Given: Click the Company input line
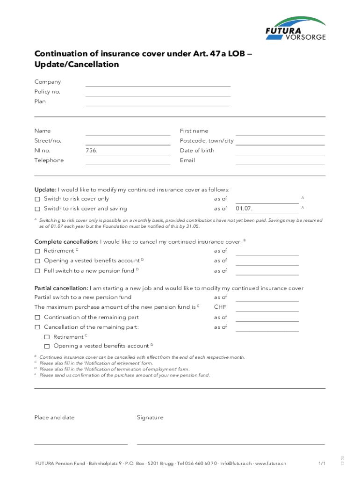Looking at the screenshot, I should click(x=158, y=83).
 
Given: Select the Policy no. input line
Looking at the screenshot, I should click(x=158, y=93).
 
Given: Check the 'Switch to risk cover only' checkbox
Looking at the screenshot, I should click(x=37, y=199).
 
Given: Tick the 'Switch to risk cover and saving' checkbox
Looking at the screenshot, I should click(x=37, y=209).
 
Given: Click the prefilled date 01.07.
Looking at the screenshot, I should click(x=245, y=209).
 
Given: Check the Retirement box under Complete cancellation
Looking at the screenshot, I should click(x=37, y=251).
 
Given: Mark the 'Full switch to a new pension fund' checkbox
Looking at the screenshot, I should click(x=37, y=271).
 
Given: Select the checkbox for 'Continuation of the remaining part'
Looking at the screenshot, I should click(x=37, y=318).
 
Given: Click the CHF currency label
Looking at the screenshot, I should click(x=220, y=307).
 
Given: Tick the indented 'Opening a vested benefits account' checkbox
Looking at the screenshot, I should click(x=47, y=347).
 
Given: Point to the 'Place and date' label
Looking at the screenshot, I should click(x=54, y=418).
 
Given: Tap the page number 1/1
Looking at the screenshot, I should click(x=322, y=464).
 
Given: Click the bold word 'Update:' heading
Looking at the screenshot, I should click(x=45, y=189).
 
